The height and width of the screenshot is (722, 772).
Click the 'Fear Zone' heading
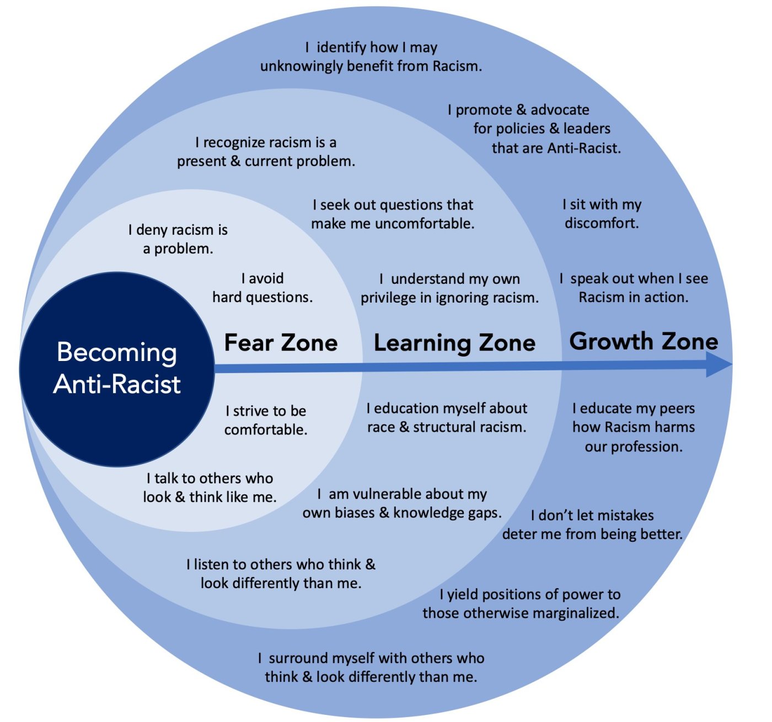(x=281, y=343)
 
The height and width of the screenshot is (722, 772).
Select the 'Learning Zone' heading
(x=454, y=343)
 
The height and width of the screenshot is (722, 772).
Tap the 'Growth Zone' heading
(x=644, y=341)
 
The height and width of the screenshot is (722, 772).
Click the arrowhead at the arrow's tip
(x=720, y=364)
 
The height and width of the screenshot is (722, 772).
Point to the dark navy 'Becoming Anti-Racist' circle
(x=117, y=369)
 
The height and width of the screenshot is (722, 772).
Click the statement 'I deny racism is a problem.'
(x=178, y=239)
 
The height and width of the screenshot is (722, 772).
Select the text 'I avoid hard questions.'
(x=262, y=288)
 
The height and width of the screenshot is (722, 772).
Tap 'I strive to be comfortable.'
(x=266, y=420)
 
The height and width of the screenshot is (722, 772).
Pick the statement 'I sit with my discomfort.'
(x=602, y=214)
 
